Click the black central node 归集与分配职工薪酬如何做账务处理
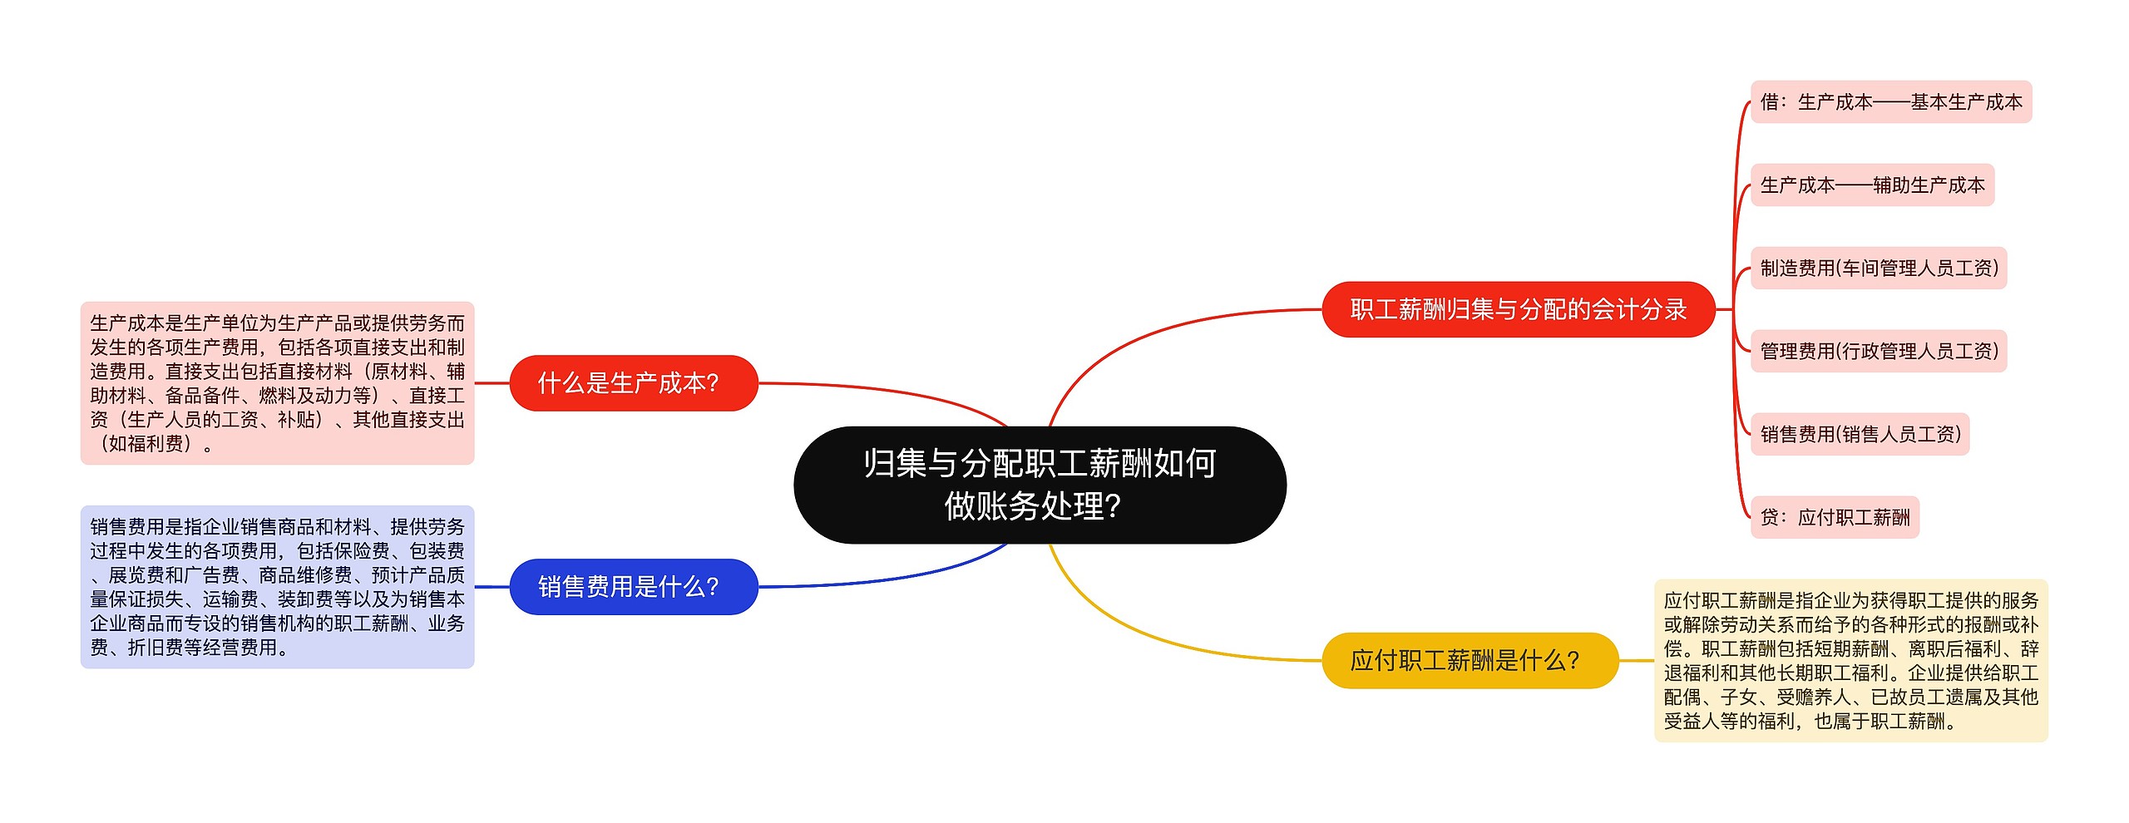[1040, 485]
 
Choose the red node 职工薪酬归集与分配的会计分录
[1518, 309]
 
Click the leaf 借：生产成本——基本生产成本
[1891, 102]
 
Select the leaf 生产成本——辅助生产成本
[1872, 185]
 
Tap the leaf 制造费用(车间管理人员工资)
[1879, 269]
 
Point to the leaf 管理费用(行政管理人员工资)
[1879, 351]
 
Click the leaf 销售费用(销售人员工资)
[1860, 434]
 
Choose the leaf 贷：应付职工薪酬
[1835, 517]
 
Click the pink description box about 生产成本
[277, 383]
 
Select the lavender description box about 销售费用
[277, 587]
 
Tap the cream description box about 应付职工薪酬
[1850, 660]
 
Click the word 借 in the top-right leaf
[1770, 102]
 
